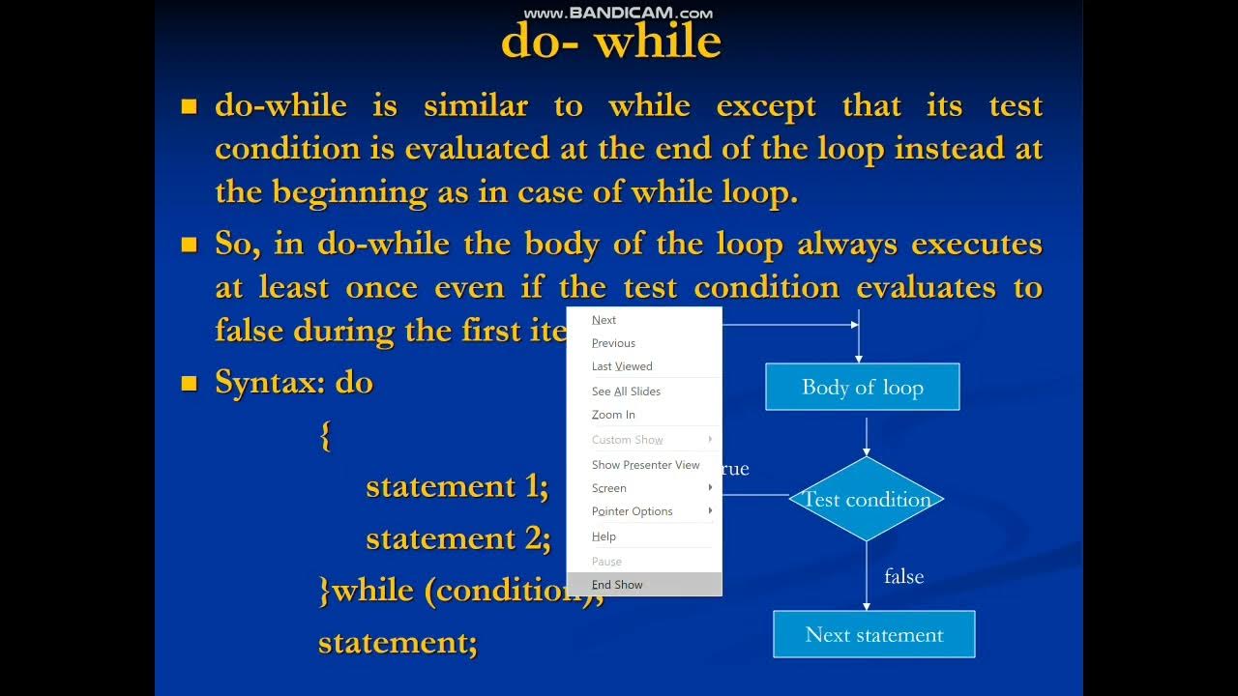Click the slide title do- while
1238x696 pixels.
(611, 42)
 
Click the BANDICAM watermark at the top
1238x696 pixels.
(618, 13)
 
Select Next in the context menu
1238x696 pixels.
(604, 320)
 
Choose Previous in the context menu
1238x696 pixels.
(613, 343)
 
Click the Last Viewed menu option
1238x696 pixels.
(622, 366)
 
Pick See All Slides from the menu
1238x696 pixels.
(626, 391)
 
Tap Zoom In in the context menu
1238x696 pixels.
(613, 415)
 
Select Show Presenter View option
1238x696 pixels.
(645, 465)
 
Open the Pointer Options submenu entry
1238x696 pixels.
(632, 511)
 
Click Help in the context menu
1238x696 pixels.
(604, 536)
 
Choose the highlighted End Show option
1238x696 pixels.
(617, 585)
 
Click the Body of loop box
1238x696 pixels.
(862, 388)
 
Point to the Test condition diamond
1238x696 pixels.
(867, 500)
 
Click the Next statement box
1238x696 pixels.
(873, 635)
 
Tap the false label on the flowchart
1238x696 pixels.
(903, 577)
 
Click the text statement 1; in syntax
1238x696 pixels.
(457, 486)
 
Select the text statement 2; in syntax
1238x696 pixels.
(457, 537)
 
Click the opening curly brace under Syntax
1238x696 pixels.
(325, 436)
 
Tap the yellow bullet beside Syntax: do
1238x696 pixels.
(190, 385)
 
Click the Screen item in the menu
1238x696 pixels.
(609, 488)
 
